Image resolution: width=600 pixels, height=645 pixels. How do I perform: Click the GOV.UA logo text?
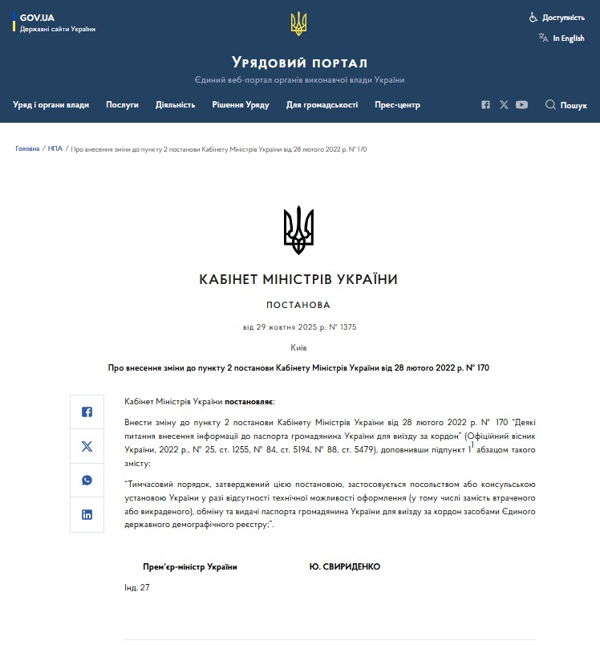click(x=36, y=17)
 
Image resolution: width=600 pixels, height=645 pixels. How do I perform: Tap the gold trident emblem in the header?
click(x=298, y=23)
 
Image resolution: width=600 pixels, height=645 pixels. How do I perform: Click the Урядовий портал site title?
click(x=299, y=63)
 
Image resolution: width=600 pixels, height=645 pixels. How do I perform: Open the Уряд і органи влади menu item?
click(x=51, y=105)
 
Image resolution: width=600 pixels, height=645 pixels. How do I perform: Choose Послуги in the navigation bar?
click(x=123, y=105)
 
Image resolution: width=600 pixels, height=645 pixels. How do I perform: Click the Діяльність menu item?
click(x=176, y=105)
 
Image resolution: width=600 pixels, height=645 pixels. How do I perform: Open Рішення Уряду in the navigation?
click(x=241, y=105)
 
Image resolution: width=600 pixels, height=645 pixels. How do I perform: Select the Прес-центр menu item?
click(x=397, y=105)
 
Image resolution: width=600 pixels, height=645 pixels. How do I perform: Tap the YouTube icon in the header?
click(x=522, y=105)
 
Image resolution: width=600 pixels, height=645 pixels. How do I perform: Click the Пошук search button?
click(x=566, y=105)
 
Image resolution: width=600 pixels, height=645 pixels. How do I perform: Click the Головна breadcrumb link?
click(x=27, y=148)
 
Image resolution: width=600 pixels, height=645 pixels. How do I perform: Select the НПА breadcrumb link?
click(x=55, y=148)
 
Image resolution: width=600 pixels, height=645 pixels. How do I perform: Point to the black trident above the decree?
click(x=298, y=230)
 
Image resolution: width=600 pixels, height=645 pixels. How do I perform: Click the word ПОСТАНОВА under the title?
click(x=298, y=305)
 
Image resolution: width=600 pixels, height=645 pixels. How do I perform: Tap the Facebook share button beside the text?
click(x=87, y=412)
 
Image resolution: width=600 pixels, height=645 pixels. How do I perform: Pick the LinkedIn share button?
click(x=87, y=514)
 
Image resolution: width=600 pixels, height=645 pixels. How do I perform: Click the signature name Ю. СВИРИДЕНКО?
click(x=345, y=566)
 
